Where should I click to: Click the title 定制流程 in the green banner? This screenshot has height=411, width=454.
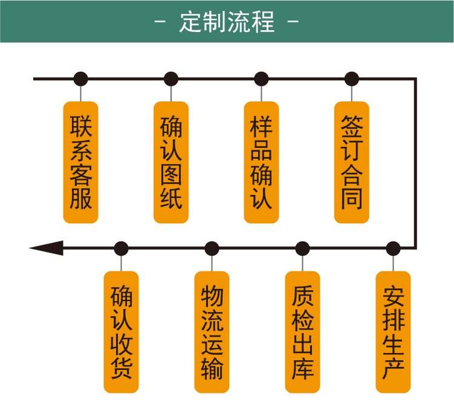pyautogui.click(x=227, y=22)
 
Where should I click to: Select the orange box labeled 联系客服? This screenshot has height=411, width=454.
pyautogui.click(x=81, y=162)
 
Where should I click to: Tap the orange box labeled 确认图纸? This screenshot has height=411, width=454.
pyautogui.click(x=171, y=162)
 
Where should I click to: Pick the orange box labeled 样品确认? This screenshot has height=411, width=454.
pyautogui.click(x=262, y=162)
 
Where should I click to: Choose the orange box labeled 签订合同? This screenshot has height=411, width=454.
pyautogui.click(x=352, y=162)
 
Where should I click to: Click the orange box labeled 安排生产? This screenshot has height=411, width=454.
pyautogui.click(x=393, y=332)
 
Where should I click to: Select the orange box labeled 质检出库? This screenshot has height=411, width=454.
pyautogui.click(x=303, y=332)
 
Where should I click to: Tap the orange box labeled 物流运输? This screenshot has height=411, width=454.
pyautogui.click(x=212, y=332)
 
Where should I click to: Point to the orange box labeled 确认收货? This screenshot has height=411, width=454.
pyautogui.click(x=121, y=332)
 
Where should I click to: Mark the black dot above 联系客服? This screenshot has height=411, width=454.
pyautogui.click(x=81, y=79)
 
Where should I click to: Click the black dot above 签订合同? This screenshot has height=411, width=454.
pyautogui.click(x=352, y=79)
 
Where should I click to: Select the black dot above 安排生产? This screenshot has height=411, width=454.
pyautogui.click(x=393, y=248)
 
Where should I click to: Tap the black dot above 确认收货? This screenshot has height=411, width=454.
pyautogui.click(x=121, y=248)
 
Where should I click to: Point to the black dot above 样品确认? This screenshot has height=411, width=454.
pyautogui.click(x=262, y=79)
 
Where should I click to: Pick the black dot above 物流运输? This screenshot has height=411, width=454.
pyautogui.click(x=212, y=248)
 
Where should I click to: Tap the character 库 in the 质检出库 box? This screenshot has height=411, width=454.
pyautogui.click(x=303, y=368)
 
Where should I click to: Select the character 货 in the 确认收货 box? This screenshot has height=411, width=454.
pyautogui.click(x=121, y=368)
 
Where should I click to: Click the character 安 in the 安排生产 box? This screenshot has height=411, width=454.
pyautogui.click(x=393, y=296)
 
